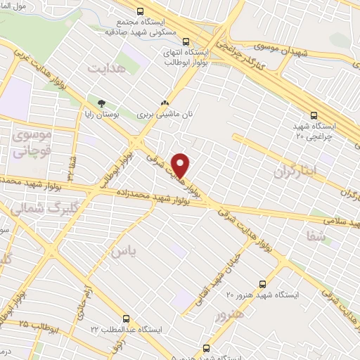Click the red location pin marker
(x=181, y=165)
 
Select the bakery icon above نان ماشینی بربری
(x=165, y=101)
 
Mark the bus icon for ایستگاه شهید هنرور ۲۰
(x=262, y=285)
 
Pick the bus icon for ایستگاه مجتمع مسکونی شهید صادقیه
(x=141, y=12)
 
